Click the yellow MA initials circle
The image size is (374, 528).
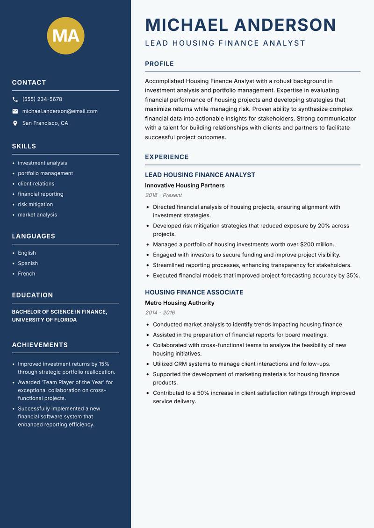[66, 36]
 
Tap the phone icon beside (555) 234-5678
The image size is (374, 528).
[15, 100]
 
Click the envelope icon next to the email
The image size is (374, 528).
[15, 111]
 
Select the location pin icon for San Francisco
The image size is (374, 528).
[15, 123]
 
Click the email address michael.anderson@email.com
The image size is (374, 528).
[60, 111]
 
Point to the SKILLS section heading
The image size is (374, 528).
[24, 146]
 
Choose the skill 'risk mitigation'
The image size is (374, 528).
[36, 204]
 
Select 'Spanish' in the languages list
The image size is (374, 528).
[28, 263]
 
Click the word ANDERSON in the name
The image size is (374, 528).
[285, 25]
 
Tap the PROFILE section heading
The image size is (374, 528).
[159, 64]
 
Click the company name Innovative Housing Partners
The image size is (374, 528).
[185, 186]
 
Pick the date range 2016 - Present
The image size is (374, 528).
[163, 195]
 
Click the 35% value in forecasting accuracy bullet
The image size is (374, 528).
[352, 276]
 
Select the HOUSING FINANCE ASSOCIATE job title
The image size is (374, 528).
[194, 293]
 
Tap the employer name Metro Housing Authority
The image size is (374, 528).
[180, 303]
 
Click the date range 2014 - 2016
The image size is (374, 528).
[159, 313]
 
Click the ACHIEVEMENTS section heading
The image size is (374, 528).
[40, 345]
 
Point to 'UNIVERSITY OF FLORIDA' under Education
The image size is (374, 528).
[44, 320]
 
